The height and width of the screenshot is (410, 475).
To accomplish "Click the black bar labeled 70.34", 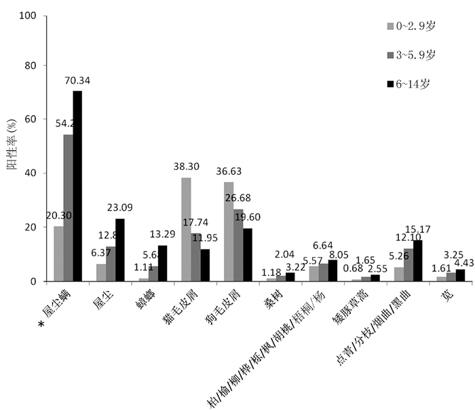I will click(77, 186).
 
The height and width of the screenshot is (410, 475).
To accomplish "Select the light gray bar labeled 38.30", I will click(187, 229).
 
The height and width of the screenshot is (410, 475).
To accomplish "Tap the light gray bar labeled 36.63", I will click(229, 231).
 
